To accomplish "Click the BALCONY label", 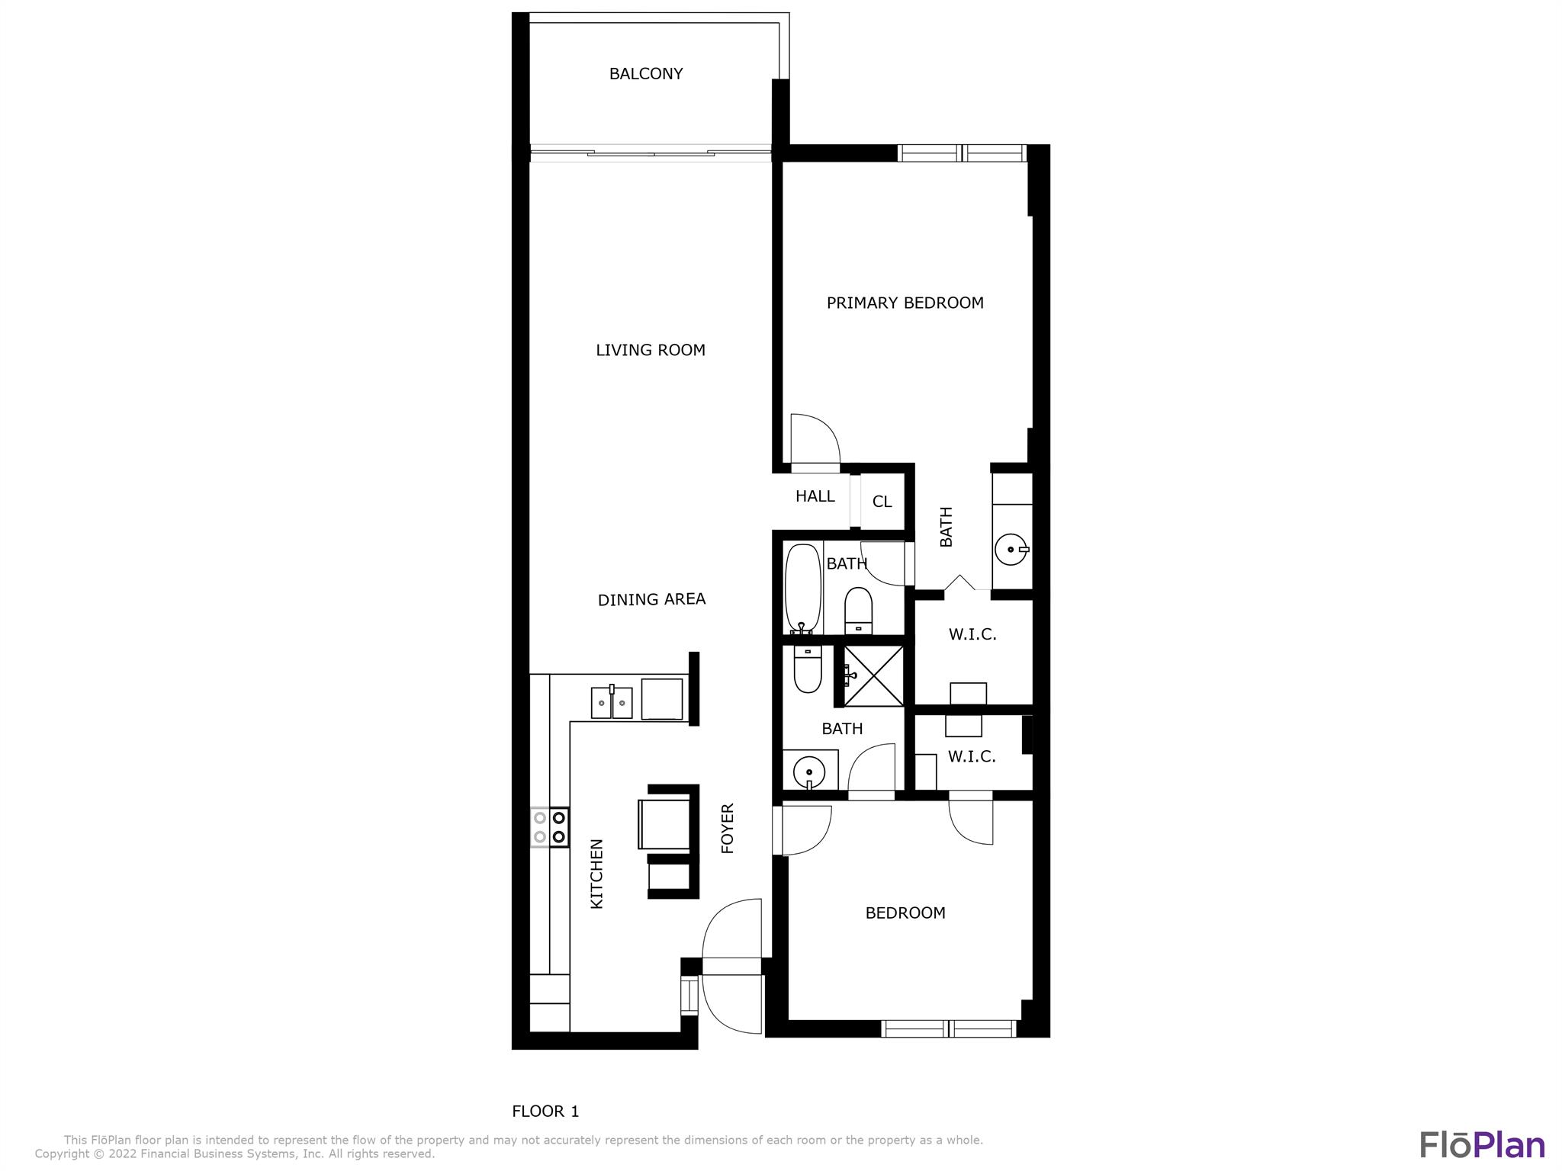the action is [x=645, y=74].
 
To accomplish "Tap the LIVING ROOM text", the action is [x=651, y=350].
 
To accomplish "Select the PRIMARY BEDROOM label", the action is [x=905, y=303].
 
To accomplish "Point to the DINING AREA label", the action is [x=651, y=599].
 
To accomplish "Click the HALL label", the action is [x=815, y=496].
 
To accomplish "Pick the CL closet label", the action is [x=882, y=502].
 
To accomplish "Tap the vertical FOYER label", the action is [x=728, y=828].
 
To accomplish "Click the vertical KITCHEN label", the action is [x=597, y=874].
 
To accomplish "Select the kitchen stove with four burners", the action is [x=549, y=827].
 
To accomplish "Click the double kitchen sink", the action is [x=612, y=702].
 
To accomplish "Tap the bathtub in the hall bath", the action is [x=803, y=588].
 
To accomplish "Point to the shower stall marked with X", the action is [x=873, y=675].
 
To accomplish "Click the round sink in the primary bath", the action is [x=1012, y=549].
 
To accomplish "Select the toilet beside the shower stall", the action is [x=808, y=669].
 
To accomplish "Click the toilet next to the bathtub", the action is [x=859, y=610].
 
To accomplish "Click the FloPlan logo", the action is [x=1482, y=1145].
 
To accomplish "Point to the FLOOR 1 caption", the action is [x=545, y=1112].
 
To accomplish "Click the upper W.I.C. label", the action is [x=972, y=634].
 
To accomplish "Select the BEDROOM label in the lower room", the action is [x=905, y=913].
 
